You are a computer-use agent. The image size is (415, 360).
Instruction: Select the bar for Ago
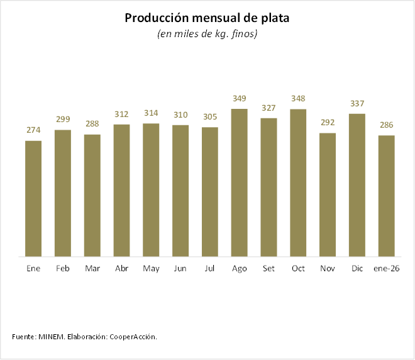coord(240,183)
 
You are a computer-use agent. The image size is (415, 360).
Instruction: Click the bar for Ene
coord(33,199)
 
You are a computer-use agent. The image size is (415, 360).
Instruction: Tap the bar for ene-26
coord(387,196)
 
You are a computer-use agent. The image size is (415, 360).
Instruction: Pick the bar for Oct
coord(298,183)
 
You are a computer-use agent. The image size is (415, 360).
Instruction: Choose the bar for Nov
coord(328,195)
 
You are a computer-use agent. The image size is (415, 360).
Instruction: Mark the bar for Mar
coord(92,196)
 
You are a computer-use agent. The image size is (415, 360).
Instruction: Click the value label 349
coord(240,98)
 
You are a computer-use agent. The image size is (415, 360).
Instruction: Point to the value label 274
coord(33,130)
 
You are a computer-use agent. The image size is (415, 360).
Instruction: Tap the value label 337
coord(357,103)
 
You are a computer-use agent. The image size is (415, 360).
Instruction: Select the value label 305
coord(210,116)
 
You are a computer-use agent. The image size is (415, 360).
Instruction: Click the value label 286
coord(387,125)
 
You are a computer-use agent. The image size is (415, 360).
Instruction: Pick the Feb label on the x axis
coord(63,268)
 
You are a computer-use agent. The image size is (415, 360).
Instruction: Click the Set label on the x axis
coord(268,268)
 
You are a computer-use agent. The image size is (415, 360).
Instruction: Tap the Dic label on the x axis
coord(357,268)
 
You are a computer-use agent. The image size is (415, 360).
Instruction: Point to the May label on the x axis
coord(151,268)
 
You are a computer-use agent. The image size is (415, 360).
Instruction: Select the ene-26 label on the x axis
coord(387,268)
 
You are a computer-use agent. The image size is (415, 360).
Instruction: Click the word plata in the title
coord(275,18)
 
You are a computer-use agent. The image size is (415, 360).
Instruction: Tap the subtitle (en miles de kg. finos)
coord(207,34)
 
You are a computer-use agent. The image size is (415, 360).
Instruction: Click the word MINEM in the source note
coord(52,337)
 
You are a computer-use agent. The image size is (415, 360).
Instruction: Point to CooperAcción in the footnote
coord(133,337)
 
